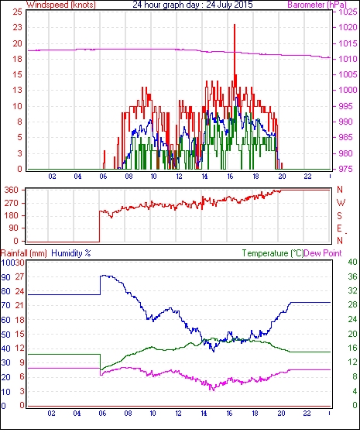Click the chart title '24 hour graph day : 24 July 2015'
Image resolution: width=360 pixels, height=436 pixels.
(192, 5)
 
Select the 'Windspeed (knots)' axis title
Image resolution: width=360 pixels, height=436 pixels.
(61, 5)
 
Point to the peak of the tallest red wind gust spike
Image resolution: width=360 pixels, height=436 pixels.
(235, 25)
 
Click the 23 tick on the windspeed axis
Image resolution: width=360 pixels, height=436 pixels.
(17, 28)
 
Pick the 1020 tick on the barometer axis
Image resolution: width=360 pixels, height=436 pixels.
(348, 28)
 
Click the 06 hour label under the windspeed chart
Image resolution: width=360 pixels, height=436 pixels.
(103, 177)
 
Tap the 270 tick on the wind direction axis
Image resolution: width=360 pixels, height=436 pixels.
(12, 203)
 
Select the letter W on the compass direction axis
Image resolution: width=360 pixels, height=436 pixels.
(341, 203)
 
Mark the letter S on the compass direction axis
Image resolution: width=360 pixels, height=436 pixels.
(339, 216)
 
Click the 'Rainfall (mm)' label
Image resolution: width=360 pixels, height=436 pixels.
(24, 253)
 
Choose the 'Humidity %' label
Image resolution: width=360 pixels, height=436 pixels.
(71, 253)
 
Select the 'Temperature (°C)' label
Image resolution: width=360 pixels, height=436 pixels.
(273, 253)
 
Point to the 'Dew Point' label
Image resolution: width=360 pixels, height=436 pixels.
(323, 253)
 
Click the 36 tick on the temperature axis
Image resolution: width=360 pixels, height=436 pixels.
(353, 276)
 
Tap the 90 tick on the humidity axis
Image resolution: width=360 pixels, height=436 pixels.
(6, 277)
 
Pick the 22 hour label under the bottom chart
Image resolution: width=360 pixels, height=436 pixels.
(307, 414)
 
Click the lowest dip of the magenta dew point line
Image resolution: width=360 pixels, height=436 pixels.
(214, 390)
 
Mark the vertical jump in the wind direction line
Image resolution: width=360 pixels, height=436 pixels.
(100, 226)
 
